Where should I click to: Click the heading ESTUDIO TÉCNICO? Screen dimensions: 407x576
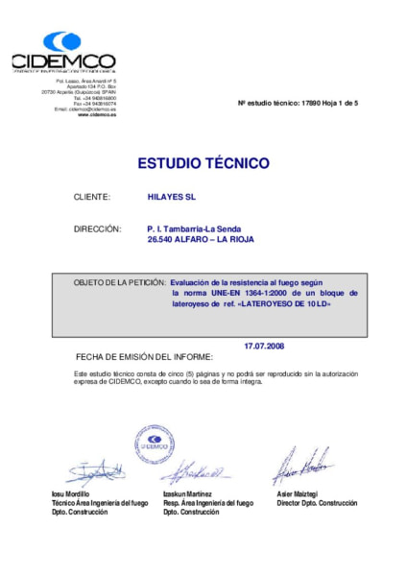point(203,163)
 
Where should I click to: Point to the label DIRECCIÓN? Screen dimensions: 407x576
point(97,228)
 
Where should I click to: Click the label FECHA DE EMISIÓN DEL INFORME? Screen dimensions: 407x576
point(144,355)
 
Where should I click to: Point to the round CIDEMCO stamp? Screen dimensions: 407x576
point(155,444)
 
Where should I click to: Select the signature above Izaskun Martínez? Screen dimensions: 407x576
point(195,472)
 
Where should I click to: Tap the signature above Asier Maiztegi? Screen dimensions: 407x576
point(301,465)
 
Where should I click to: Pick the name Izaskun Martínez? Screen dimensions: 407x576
point(188,492)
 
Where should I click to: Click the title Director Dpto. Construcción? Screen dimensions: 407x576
point(316,502)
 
